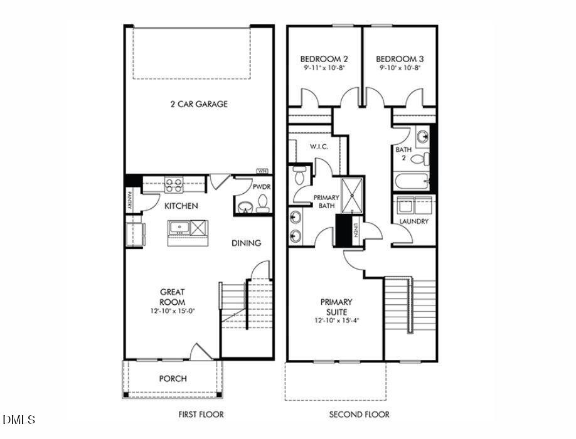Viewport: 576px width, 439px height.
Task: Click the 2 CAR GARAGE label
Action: click(x=199, y=104)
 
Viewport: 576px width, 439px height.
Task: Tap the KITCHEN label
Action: click(x=181, y=206)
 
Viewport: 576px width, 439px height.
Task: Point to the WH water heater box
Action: click(x=262, y=171)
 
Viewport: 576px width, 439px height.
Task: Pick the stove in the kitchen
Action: click(x=173, y=185)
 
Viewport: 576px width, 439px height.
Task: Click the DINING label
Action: click(x=246, y=243)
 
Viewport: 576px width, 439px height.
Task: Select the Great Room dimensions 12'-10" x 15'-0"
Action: click(x=173, y=311)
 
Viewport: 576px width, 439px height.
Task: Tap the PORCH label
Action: click(x=173, y=378)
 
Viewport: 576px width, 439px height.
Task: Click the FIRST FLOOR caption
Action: click(x=201, y=415)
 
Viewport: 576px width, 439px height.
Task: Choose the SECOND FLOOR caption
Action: click(x=359, y=415)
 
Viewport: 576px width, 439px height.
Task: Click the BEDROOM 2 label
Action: click(x=324, y=59)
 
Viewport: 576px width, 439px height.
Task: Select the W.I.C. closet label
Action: click(x=319, y=147)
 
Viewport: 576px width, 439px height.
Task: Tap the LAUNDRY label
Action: click(x=414, y=221)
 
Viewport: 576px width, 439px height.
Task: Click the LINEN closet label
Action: click(x=356, y=231)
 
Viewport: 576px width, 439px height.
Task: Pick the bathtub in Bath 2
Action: click(x=412, y=182)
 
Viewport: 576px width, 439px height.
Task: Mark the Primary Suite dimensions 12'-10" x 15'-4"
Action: click(x=337, y=320)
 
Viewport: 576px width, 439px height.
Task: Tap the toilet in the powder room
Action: click(x=263, y=202)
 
